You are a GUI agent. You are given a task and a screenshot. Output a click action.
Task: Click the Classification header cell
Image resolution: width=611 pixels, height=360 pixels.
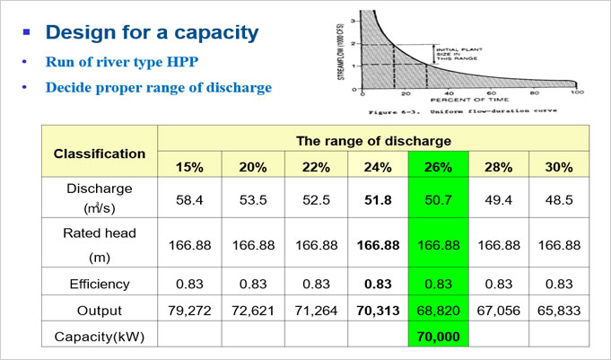click(x=100, y=153)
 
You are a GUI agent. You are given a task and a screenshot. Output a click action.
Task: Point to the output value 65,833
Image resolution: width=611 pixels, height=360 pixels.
click(x=559, y=311)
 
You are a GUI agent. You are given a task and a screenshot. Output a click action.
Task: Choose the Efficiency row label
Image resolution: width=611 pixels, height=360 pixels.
click(x=100, y=284)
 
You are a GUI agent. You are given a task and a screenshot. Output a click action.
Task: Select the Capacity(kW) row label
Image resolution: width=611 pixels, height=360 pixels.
click(x=100, y=337)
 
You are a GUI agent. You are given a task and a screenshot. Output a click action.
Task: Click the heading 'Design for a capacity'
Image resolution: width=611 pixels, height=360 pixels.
click(x=152, y=33)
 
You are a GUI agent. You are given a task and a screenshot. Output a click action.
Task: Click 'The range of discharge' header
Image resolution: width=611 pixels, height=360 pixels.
click(x=373, y=140)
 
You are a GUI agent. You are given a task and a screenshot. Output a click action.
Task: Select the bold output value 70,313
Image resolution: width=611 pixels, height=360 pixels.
click(x=377, y=311)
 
